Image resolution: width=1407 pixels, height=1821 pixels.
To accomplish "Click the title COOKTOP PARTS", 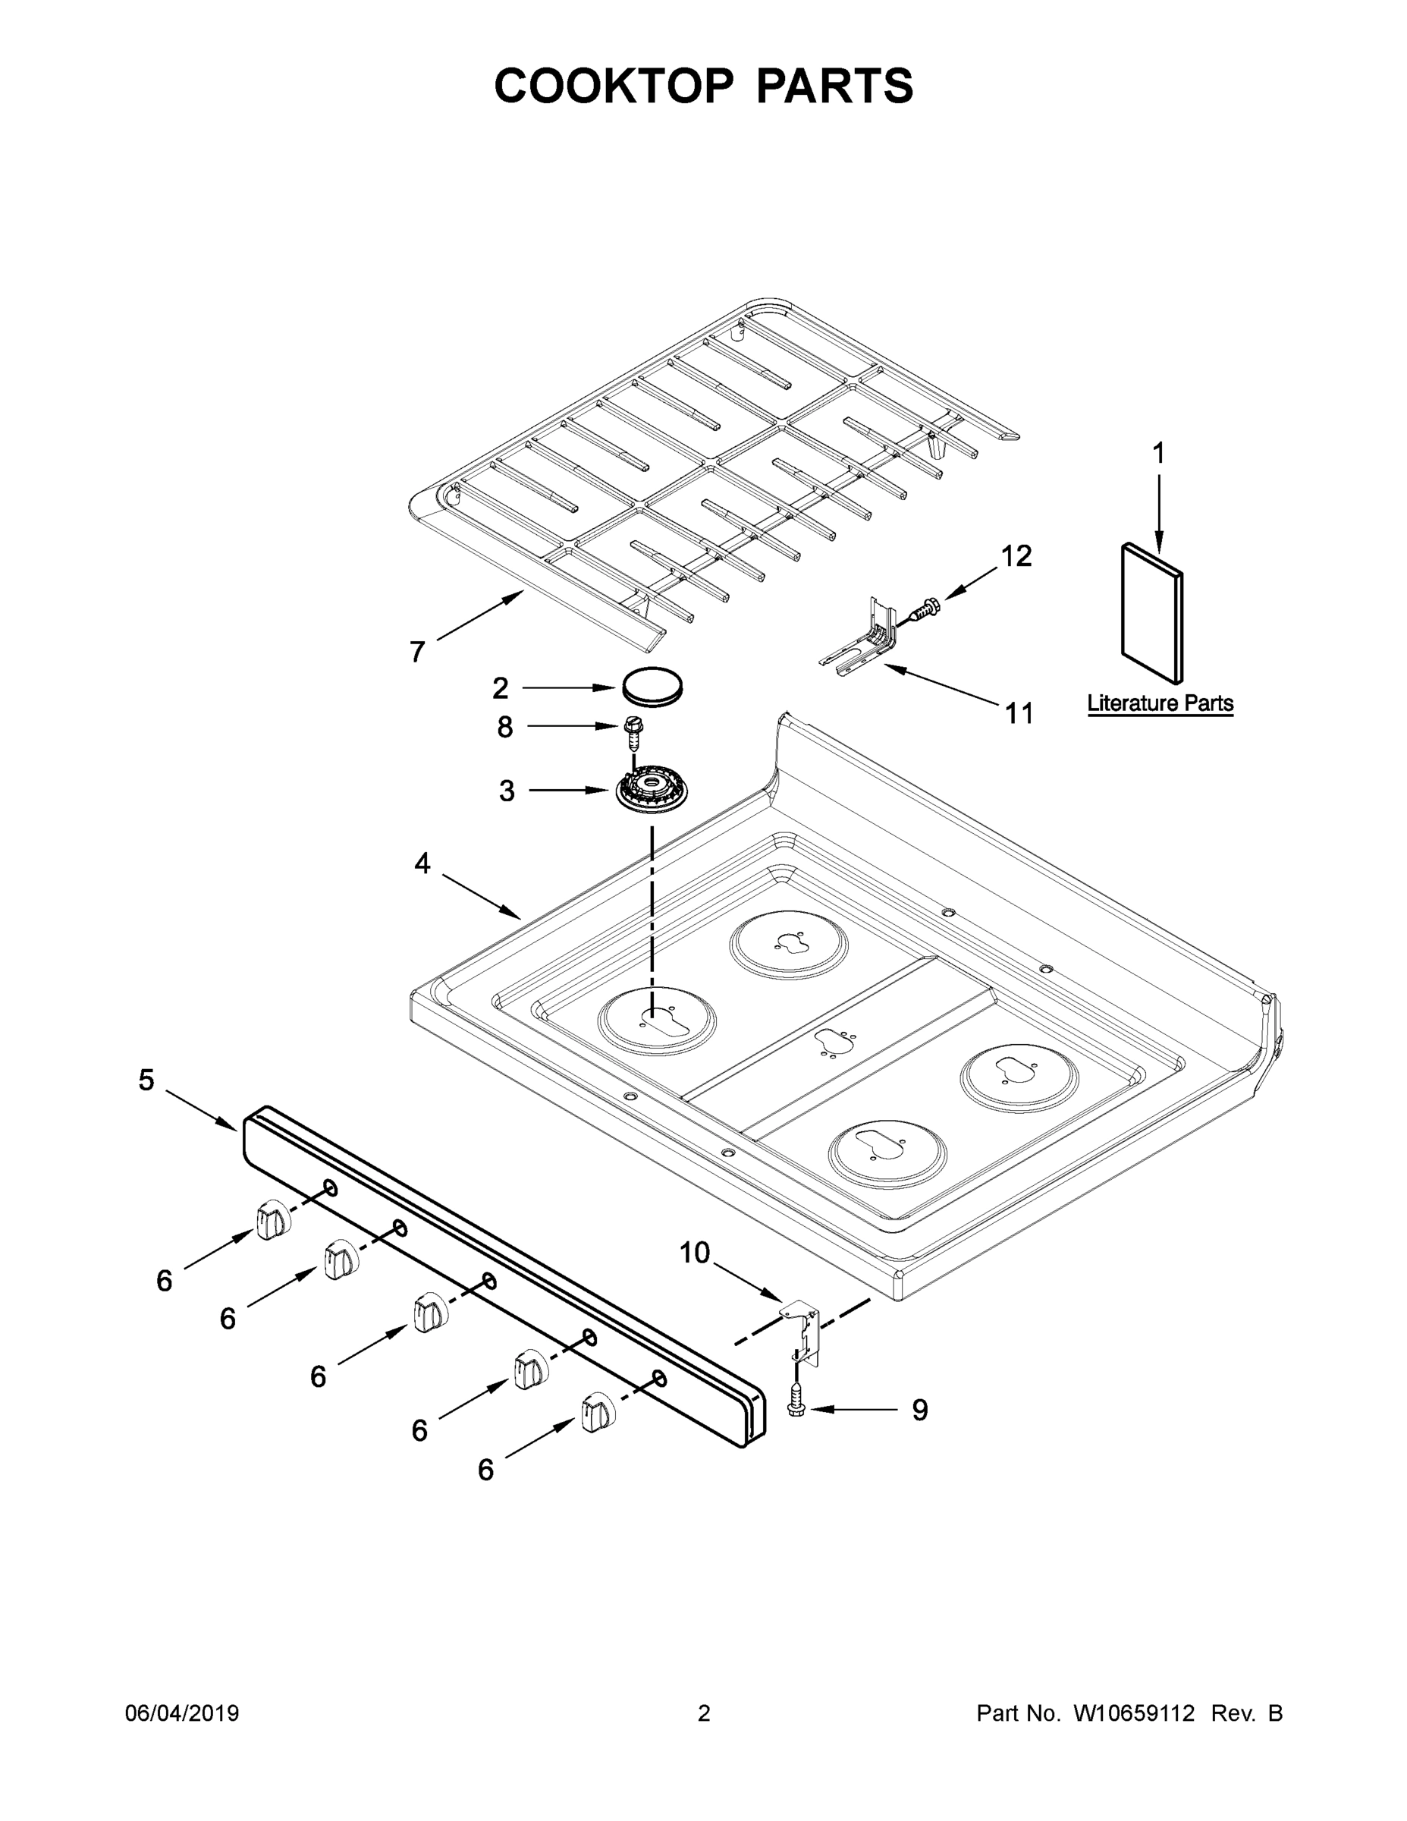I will tap(704, 86).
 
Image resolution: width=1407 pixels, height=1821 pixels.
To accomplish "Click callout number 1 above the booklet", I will tap(1157, 454).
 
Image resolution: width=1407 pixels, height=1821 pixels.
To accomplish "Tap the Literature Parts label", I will tap(1160, 703).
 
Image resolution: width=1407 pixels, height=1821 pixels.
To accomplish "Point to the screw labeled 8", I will tap(633, 734).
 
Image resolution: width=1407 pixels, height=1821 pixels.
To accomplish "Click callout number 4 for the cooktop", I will tap(422, 863).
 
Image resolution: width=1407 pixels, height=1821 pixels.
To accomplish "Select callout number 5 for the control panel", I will tap(146, 1080).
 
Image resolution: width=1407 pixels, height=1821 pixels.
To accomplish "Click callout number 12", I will tap(1016, 556).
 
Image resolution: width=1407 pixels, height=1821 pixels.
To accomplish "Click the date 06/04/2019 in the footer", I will tap(182, 1713).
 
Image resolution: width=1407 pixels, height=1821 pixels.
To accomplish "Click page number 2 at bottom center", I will tap(704, 1713).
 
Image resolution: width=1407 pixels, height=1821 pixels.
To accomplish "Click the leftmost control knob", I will tap(272, 1222).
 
